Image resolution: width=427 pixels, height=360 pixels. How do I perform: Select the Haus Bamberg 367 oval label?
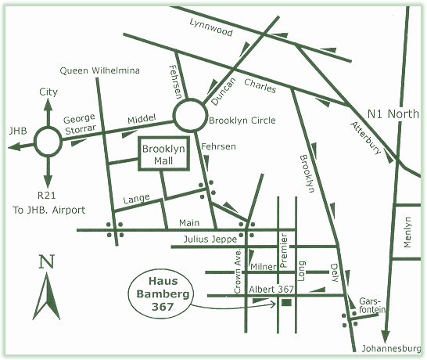pos(130,294)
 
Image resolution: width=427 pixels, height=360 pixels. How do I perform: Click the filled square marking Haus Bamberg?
pos(286,303)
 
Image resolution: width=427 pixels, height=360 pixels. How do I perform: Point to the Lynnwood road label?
pos(211,27)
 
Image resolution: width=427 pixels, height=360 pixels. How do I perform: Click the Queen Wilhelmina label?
pos(99,70)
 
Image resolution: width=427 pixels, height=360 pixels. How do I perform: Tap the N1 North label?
pos(393,114)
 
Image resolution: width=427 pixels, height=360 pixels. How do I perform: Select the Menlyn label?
pos(407,232)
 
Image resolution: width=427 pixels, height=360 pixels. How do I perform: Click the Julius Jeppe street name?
pos(210,239)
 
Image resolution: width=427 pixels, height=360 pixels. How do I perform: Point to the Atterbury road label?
pos(365,138)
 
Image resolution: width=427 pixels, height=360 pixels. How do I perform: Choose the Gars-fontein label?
pos(372,305)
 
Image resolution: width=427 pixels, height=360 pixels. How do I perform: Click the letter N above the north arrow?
pos(47,261)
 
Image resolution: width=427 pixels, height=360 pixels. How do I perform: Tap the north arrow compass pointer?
pos(47,297)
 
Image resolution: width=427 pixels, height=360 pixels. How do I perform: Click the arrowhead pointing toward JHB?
pos(14,147)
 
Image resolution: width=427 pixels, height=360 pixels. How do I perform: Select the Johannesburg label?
pos(391,348)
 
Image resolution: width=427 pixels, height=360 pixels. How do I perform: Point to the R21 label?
pos(47,195)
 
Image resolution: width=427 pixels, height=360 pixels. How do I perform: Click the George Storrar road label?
pos(80,124)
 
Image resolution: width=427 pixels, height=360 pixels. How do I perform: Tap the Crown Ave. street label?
pos(238,271)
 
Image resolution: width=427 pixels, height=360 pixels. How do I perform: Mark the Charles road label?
pos(260,85)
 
